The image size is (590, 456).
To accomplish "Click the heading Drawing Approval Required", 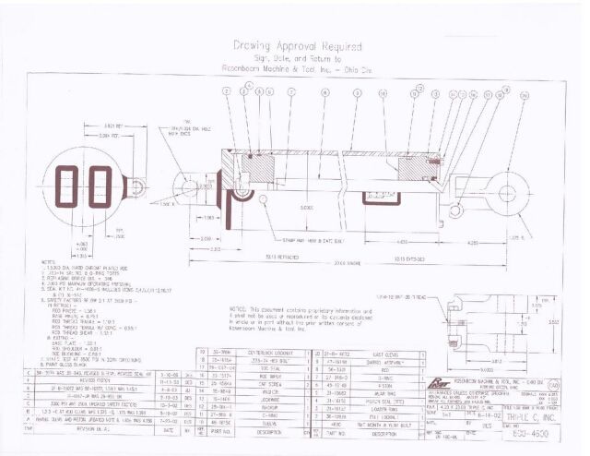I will [x=294, y=43].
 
